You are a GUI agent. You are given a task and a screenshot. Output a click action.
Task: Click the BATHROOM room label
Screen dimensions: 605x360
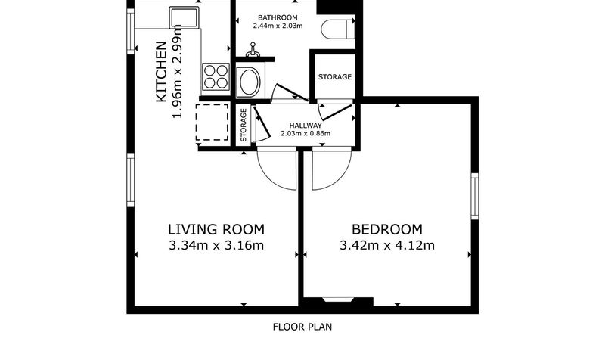278,17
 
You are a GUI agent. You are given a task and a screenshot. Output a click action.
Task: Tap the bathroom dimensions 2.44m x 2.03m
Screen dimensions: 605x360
278,26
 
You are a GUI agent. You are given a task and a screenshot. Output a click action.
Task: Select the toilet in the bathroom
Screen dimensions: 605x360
338,28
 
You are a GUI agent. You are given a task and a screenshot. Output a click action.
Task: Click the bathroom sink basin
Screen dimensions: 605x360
250,82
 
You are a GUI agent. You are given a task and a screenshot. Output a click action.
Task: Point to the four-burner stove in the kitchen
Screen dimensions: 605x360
216,77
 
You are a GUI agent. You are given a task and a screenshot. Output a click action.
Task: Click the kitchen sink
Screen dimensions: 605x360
184,17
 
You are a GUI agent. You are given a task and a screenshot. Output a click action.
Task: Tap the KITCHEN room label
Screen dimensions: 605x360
161,72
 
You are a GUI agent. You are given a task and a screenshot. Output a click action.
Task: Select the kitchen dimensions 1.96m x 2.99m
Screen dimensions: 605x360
177,71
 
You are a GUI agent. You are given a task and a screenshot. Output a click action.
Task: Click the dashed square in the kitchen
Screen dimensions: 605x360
213,123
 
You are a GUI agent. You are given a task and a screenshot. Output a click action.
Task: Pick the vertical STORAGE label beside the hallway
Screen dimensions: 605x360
244,125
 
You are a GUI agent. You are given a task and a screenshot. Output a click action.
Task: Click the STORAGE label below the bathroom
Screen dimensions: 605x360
335,77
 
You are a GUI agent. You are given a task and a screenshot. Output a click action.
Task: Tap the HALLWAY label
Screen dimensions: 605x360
306,126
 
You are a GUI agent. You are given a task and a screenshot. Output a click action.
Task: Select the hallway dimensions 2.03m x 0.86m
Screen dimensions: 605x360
306,134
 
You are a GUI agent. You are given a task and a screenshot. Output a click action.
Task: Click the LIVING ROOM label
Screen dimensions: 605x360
216,230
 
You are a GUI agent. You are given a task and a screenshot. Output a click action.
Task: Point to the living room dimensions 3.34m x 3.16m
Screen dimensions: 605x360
216,245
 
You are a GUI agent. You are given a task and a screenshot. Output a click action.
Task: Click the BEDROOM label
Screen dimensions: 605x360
387,230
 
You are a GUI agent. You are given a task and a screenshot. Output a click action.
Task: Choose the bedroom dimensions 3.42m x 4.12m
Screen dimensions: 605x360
387,245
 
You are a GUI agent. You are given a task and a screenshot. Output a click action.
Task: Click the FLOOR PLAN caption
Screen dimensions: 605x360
302,327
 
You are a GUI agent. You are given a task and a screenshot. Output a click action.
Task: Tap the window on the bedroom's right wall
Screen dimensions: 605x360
475,197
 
